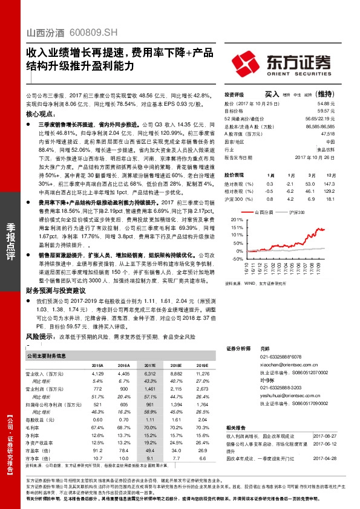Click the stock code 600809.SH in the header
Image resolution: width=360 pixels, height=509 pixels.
80,33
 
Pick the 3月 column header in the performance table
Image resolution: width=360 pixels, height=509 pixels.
310,174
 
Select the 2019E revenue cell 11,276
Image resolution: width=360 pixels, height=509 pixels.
201,374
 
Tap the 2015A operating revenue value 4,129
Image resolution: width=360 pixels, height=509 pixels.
97,374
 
